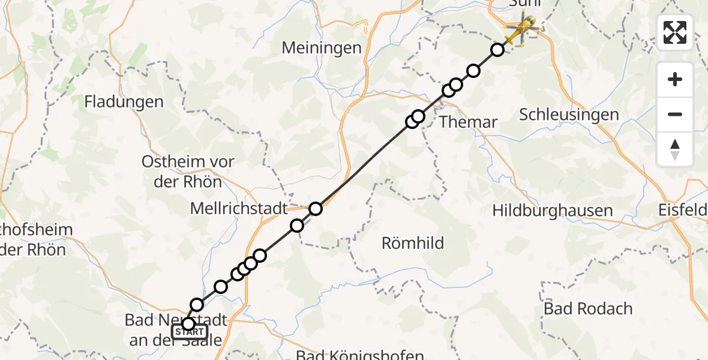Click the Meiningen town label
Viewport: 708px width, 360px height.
coord(322,47)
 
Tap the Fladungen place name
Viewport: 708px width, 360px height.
coord(124,102)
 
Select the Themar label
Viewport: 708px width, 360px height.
coord(468,122)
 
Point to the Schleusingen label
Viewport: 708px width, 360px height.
coord(568,115)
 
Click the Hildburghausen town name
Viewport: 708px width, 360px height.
coord(552,211)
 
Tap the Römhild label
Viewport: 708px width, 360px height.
coord(413,243)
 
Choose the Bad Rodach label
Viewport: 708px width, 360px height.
coord(588,308)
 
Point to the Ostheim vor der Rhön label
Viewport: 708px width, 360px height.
coord(188,172)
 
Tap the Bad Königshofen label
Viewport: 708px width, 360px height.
coord(360,355)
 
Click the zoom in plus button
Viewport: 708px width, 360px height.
coord(675,80)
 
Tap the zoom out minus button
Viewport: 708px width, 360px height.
coord(675,114)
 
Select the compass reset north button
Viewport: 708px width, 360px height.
coord(675,149)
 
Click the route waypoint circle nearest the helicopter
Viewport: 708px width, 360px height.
coord(497,50)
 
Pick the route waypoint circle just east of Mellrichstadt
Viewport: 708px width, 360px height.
coord(316,209)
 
